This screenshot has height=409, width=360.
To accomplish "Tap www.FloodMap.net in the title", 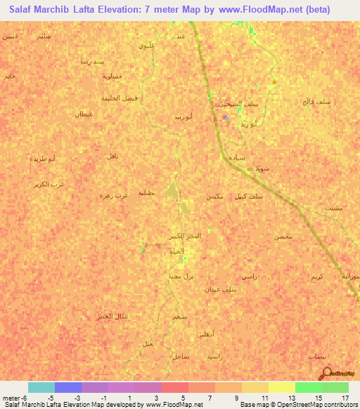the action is point(262,9).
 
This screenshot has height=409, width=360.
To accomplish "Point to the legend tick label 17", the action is point(345,398).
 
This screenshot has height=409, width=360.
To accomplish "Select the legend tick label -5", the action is point(50,398).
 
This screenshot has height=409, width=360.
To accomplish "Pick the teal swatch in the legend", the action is point(41,387).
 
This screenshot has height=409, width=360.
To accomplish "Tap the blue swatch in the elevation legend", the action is point(68,387).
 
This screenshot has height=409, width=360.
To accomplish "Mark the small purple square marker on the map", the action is point(224,117).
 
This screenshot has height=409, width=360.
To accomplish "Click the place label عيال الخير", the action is point(113,316).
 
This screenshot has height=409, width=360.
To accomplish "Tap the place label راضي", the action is point(249,277).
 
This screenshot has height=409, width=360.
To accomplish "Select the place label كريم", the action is point(317,278).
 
